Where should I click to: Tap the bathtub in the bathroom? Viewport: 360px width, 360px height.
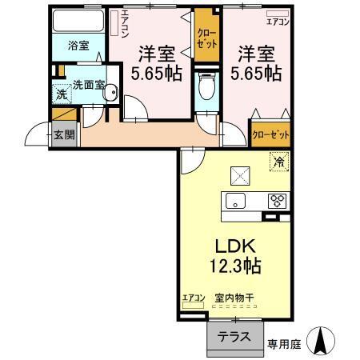point(78,22)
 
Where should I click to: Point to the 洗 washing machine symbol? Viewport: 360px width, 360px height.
point(61,94)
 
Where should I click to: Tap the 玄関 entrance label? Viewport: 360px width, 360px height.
point(65,134)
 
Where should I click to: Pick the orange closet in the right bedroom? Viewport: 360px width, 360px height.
point(270,135)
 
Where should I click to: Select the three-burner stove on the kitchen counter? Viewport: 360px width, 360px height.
point(277,201)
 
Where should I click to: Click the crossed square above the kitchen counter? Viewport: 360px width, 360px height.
point(240,174)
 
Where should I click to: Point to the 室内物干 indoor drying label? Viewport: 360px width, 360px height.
point(234,298)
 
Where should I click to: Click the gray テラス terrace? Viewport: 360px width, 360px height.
point(235,337)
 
